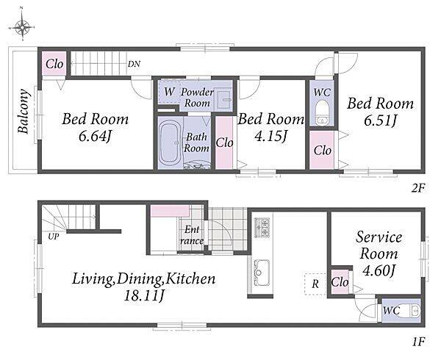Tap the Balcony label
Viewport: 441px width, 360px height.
click(x=24, y=111)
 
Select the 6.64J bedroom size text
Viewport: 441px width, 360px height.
click(x=96, y=137)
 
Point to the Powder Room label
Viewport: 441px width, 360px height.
click(x=197, y=97)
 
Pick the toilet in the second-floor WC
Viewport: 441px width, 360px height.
click(x=321, y=115)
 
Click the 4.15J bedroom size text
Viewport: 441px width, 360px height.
click(x=270, y=137)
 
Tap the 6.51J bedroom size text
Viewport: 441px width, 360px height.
click(x=380, y=120)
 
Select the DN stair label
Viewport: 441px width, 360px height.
click(x=135, y=64)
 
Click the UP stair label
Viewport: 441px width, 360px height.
click(x=53, y=237)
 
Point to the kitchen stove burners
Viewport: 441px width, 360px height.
click(x=262, y=227)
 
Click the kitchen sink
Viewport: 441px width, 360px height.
click(x=262, y=273)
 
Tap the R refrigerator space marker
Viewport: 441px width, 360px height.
click(x=315, y=284)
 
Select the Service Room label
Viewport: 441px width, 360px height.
click(x=379, y=245)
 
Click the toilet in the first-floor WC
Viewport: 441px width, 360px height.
click(x=410, y=311)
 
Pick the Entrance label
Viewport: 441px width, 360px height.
click(x=192, y=235)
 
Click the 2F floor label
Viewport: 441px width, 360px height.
click(x=417, y=188)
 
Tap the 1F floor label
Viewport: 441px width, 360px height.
click(x=418, y=342)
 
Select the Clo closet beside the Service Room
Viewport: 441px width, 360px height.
click(x=340, y=282)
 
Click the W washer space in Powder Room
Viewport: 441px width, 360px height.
click(x=169, y=92)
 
